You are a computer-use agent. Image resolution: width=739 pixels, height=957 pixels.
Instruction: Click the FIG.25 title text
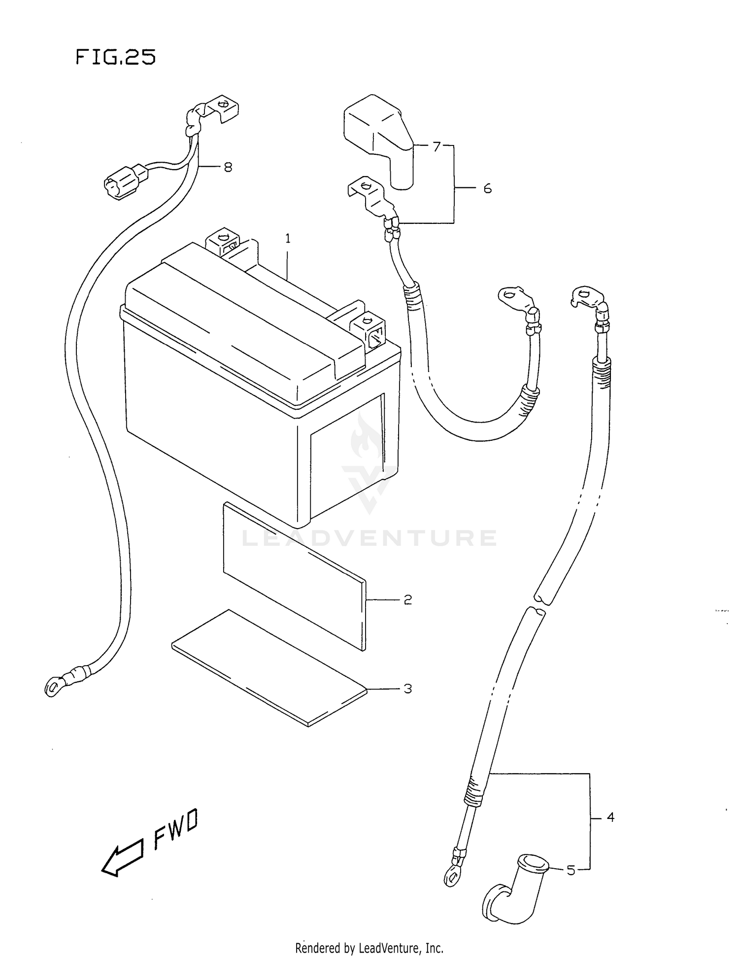(x=116, y=58)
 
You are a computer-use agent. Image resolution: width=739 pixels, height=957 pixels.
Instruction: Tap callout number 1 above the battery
(x=288, y=239)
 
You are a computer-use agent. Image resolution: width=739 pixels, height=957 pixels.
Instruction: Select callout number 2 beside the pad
(x=407, y=600)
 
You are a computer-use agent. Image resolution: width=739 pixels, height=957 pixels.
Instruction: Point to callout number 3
(x=407, y=689)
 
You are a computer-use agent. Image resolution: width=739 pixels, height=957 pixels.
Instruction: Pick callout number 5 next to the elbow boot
(x=571, y=871)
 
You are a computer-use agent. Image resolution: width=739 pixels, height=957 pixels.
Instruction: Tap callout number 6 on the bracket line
(x=487, y=188)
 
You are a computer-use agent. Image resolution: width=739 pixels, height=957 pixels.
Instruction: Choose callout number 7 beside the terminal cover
(x=437, y=146)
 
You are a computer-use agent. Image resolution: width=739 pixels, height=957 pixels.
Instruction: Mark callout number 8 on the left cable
(x=228, y=167)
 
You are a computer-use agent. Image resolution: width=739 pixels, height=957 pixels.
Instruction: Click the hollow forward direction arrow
(x=122, y=858)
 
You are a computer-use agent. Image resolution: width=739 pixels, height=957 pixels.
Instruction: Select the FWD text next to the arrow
(x=176, y=828)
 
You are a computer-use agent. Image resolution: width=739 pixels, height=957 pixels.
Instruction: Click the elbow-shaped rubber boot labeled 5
(x=512, y=887)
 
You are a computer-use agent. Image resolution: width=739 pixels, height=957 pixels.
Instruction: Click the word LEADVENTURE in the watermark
(x=369, y=538)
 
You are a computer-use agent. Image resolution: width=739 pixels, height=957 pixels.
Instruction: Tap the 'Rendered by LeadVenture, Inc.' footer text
(x=369, y=948)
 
